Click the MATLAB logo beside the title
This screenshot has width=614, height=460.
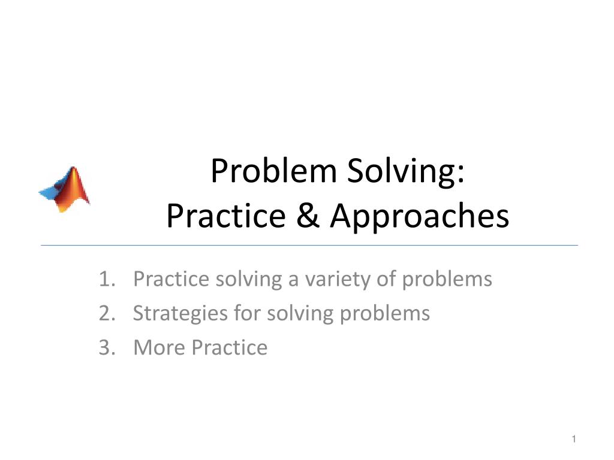tap(65, 189)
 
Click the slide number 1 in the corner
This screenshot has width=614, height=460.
tap(574, 440)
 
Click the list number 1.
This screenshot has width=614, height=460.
tap(106, 279)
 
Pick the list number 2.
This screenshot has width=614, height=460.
tap(106, 313)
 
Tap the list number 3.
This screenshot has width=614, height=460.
tap(106, 347)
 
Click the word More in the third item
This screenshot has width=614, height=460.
tap(158, 347)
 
